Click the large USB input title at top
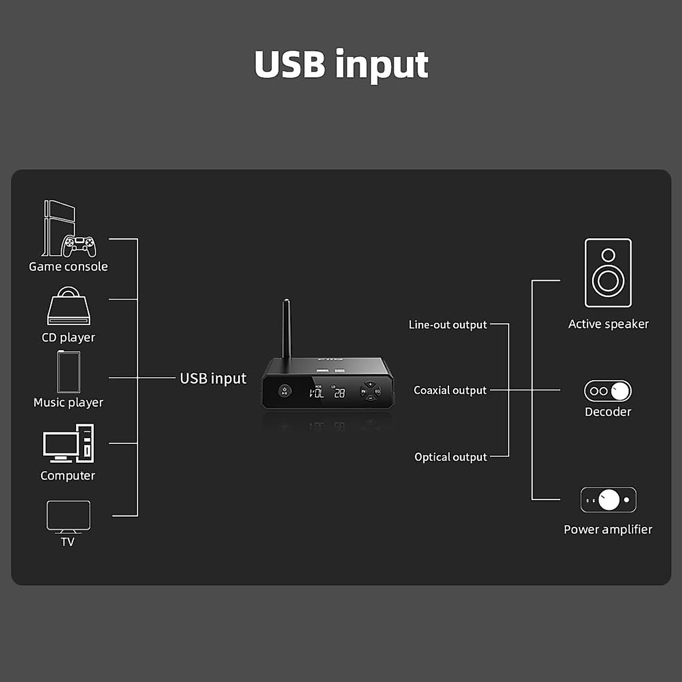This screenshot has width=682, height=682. coord(341,65)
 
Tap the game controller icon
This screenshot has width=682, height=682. coord(79,246)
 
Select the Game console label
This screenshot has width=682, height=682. coord(68,267)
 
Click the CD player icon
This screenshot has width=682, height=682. coord(68,306)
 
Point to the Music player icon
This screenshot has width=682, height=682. coord(69,372)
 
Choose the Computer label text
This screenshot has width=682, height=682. coord(68,476)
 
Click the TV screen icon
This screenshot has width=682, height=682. coord(68,515)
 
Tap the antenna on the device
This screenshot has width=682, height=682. coord(286,328)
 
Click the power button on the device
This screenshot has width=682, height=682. coord(284,391)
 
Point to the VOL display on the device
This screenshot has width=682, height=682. coord(317,392)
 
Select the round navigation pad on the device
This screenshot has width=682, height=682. coord(370,391)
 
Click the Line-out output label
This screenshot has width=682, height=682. coord(448,325)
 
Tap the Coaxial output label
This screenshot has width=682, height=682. coord(450,390)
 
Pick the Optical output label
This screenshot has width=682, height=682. coord(451,457)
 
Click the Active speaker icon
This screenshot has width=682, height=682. coord(608,273)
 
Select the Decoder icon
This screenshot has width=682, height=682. coord(608,391)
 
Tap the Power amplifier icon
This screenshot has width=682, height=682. coord(608,500)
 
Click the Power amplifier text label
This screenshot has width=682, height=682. coord(608,530)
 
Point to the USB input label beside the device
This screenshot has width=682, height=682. coord(213,379)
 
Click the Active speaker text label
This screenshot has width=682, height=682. coord(608,324)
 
